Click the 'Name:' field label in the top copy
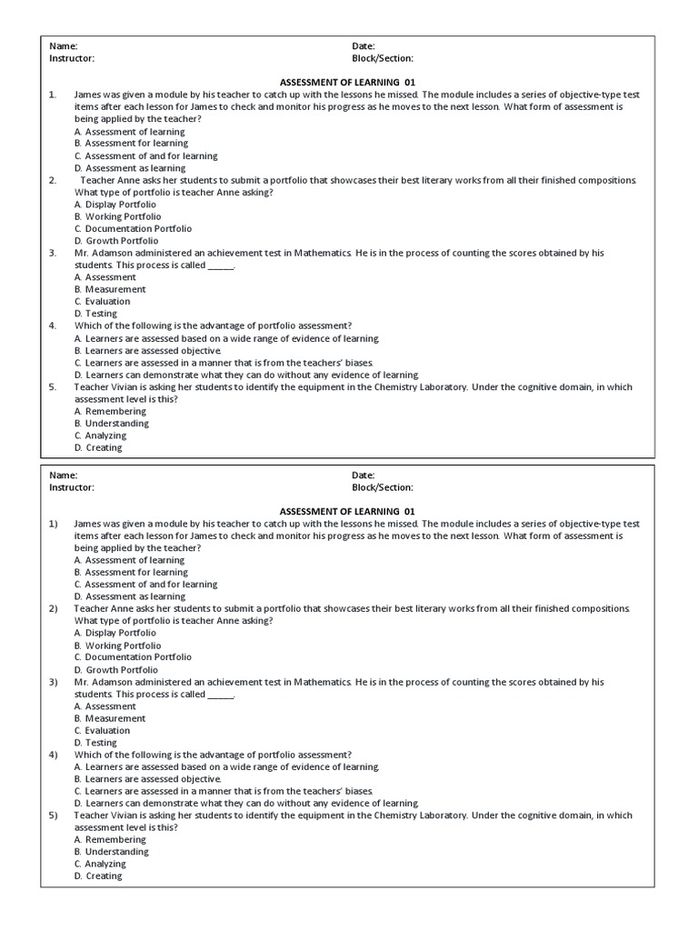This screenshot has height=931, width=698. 63,46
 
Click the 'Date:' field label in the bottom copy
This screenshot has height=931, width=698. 364,476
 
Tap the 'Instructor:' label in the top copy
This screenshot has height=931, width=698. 71,58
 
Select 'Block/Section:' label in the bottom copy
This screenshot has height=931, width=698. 383,487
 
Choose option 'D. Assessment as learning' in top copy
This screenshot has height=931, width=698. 129,168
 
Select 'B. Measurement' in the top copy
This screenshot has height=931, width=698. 109,289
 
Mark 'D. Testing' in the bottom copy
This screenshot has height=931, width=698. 95,743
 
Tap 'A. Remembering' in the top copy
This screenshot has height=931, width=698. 109,411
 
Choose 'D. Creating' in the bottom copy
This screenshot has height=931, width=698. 98,876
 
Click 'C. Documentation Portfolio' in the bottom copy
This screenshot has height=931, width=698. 133,656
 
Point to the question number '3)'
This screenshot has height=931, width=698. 54,682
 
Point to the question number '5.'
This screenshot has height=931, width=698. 53,386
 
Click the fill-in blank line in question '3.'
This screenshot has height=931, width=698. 221,265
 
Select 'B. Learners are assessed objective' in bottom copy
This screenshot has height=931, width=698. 147,779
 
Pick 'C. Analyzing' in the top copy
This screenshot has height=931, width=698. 100,435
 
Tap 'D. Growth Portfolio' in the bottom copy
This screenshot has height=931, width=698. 115,670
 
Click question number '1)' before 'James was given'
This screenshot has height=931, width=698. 54,524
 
